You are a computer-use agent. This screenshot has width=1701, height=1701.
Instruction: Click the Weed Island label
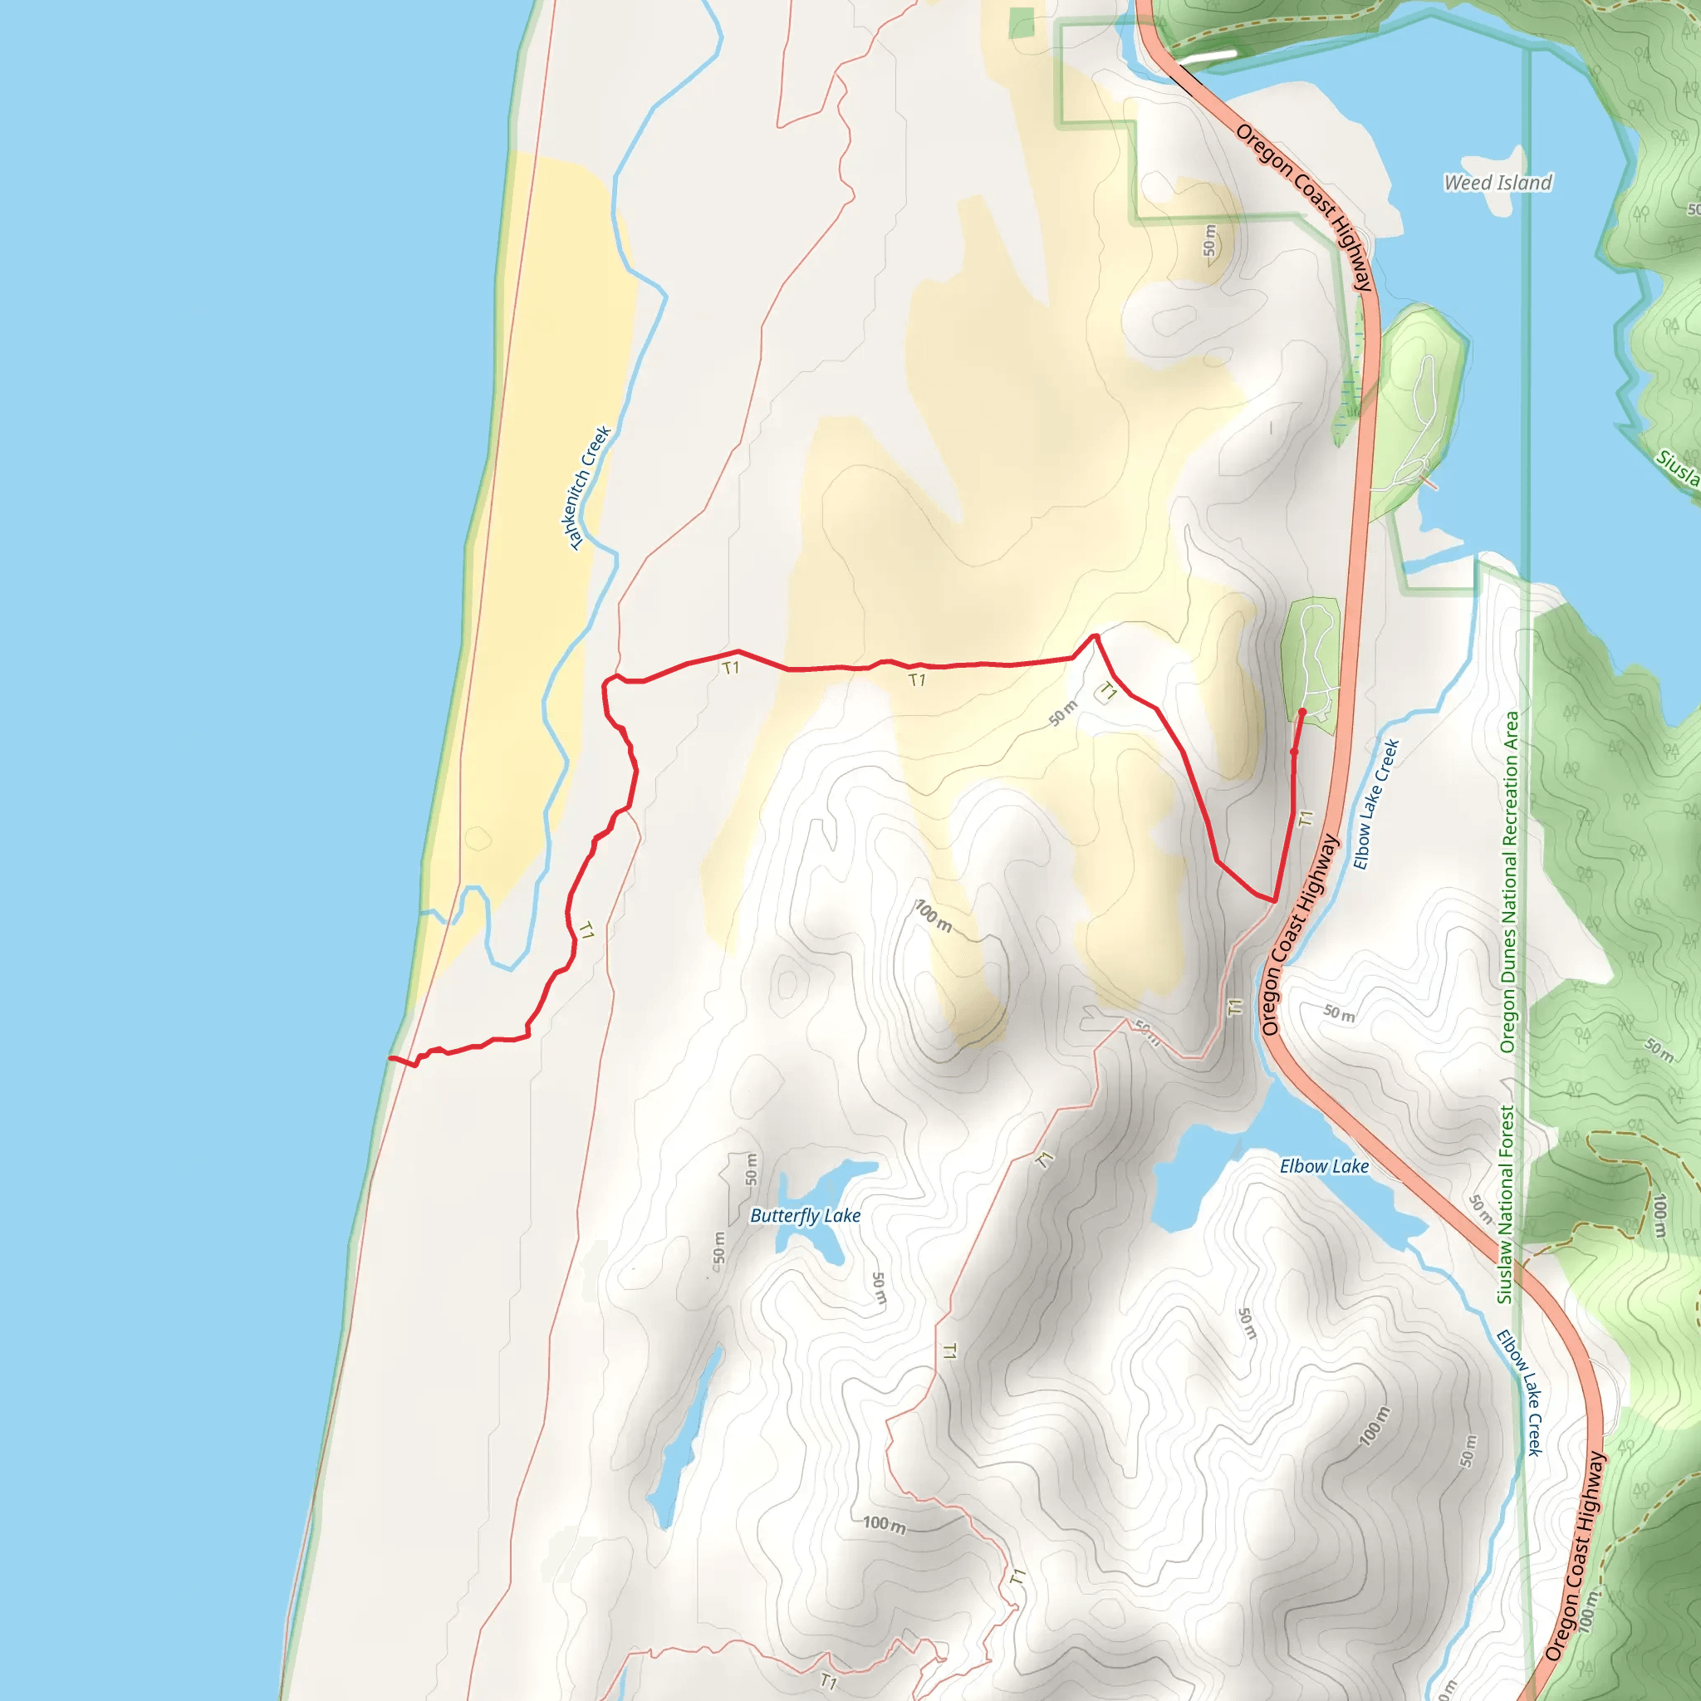point(1498,183)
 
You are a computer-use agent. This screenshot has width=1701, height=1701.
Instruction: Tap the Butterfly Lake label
point(805,1216)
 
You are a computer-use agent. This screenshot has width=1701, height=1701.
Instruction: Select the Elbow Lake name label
point(1324,1167)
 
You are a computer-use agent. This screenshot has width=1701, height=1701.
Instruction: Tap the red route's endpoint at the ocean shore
point(391,1057)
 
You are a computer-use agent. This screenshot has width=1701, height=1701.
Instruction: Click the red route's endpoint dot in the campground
point(1302,712)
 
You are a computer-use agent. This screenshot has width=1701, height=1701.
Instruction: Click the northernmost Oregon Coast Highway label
point(1304,207)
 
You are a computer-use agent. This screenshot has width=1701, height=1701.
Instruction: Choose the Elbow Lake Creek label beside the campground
point(1375,805)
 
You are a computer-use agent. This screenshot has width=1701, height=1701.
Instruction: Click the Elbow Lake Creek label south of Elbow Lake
point(1521,1392)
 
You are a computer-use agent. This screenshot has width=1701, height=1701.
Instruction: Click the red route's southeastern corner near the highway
point(1274,900)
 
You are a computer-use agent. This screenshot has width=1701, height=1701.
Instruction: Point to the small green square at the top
point(1022,23)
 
